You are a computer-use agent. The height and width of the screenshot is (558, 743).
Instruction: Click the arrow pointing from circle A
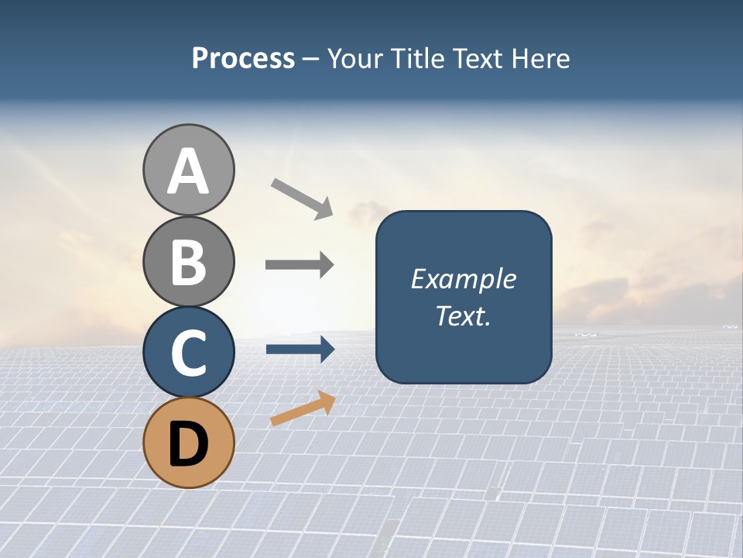(302, 198)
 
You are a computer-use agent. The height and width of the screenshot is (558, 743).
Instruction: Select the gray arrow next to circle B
(300, 265)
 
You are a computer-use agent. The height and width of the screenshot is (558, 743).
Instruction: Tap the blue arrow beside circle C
(300, 350)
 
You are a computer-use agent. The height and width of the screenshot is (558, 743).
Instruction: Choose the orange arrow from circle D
(303, 409)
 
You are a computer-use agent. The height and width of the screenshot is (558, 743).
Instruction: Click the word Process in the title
(243, 58)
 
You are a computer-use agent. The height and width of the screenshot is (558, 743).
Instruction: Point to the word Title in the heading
(417, 58)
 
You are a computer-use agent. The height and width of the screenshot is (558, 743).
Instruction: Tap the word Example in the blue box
(463, 279)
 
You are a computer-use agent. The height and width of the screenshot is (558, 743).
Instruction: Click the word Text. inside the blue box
(463, 315)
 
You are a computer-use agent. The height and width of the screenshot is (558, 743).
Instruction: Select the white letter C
(189, 353)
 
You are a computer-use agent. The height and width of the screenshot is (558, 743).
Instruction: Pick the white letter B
(189, 262)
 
